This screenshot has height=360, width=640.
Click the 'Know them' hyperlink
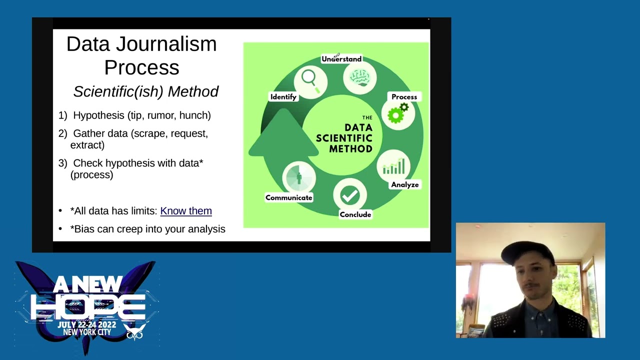[185, 211]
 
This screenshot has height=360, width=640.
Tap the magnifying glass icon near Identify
[310, 80]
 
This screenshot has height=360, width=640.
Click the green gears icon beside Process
[398, 114]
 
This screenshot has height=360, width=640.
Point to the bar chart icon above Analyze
[393, 166]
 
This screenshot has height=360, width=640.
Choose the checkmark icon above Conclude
[349, 196]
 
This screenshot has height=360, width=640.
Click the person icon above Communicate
[299, 177]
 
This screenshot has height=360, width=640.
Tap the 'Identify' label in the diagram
[283, 97]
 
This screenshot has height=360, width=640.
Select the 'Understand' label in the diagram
[341, 59]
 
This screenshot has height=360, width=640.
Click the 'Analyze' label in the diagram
[404, 185]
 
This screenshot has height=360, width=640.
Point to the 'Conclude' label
[355, 214]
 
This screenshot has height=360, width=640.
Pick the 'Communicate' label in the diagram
[288, 197]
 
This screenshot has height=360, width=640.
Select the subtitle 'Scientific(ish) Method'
[146, 91]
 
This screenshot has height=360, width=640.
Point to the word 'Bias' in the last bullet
[83, 229]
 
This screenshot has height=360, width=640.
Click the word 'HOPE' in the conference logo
[88, 306]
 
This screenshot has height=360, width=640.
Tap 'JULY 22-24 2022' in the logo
[86, 325]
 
